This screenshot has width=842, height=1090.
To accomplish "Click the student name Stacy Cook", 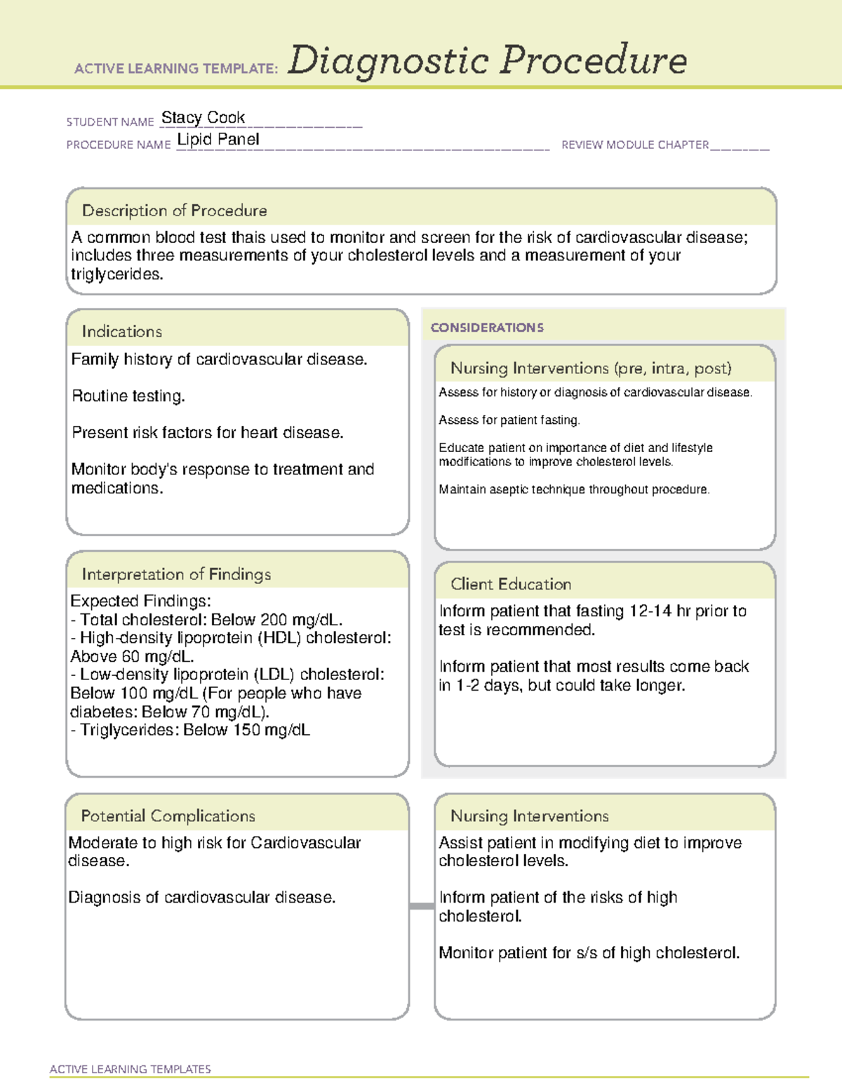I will tap(203, 117).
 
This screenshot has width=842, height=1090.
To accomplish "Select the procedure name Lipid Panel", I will tap(218, 140).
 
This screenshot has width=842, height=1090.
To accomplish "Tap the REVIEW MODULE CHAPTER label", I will tap(634, 145).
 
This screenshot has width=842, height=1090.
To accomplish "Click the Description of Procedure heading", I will tap(174, 211).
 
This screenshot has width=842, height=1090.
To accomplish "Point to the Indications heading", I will tap(121, 331).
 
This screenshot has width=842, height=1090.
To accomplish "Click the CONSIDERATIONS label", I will tap(487, 328).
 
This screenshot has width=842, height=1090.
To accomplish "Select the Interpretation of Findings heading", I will tap(176, 574).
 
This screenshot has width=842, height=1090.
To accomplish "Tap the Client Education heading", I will tap(510, 584).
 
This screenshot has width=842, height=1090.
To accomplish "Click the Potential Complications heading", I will tap(168, 816).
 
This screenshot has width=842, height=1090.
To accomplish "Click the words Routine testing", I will tap(128, 396).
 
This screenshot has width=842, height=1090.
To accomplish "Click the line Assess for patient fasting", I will tap(509, 420).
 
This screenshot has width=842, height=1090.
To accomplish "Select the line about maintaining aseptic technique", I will tap(573, 489).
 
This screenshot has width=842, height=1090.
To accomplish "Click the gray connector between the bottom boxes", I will tap(421, 906).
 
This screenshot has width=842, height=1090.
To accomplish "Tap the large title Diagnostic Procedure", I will tap(487, 60).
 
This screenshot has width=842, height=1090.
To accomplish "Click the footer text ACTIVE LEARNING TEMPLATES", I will tap(130, 1069).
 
